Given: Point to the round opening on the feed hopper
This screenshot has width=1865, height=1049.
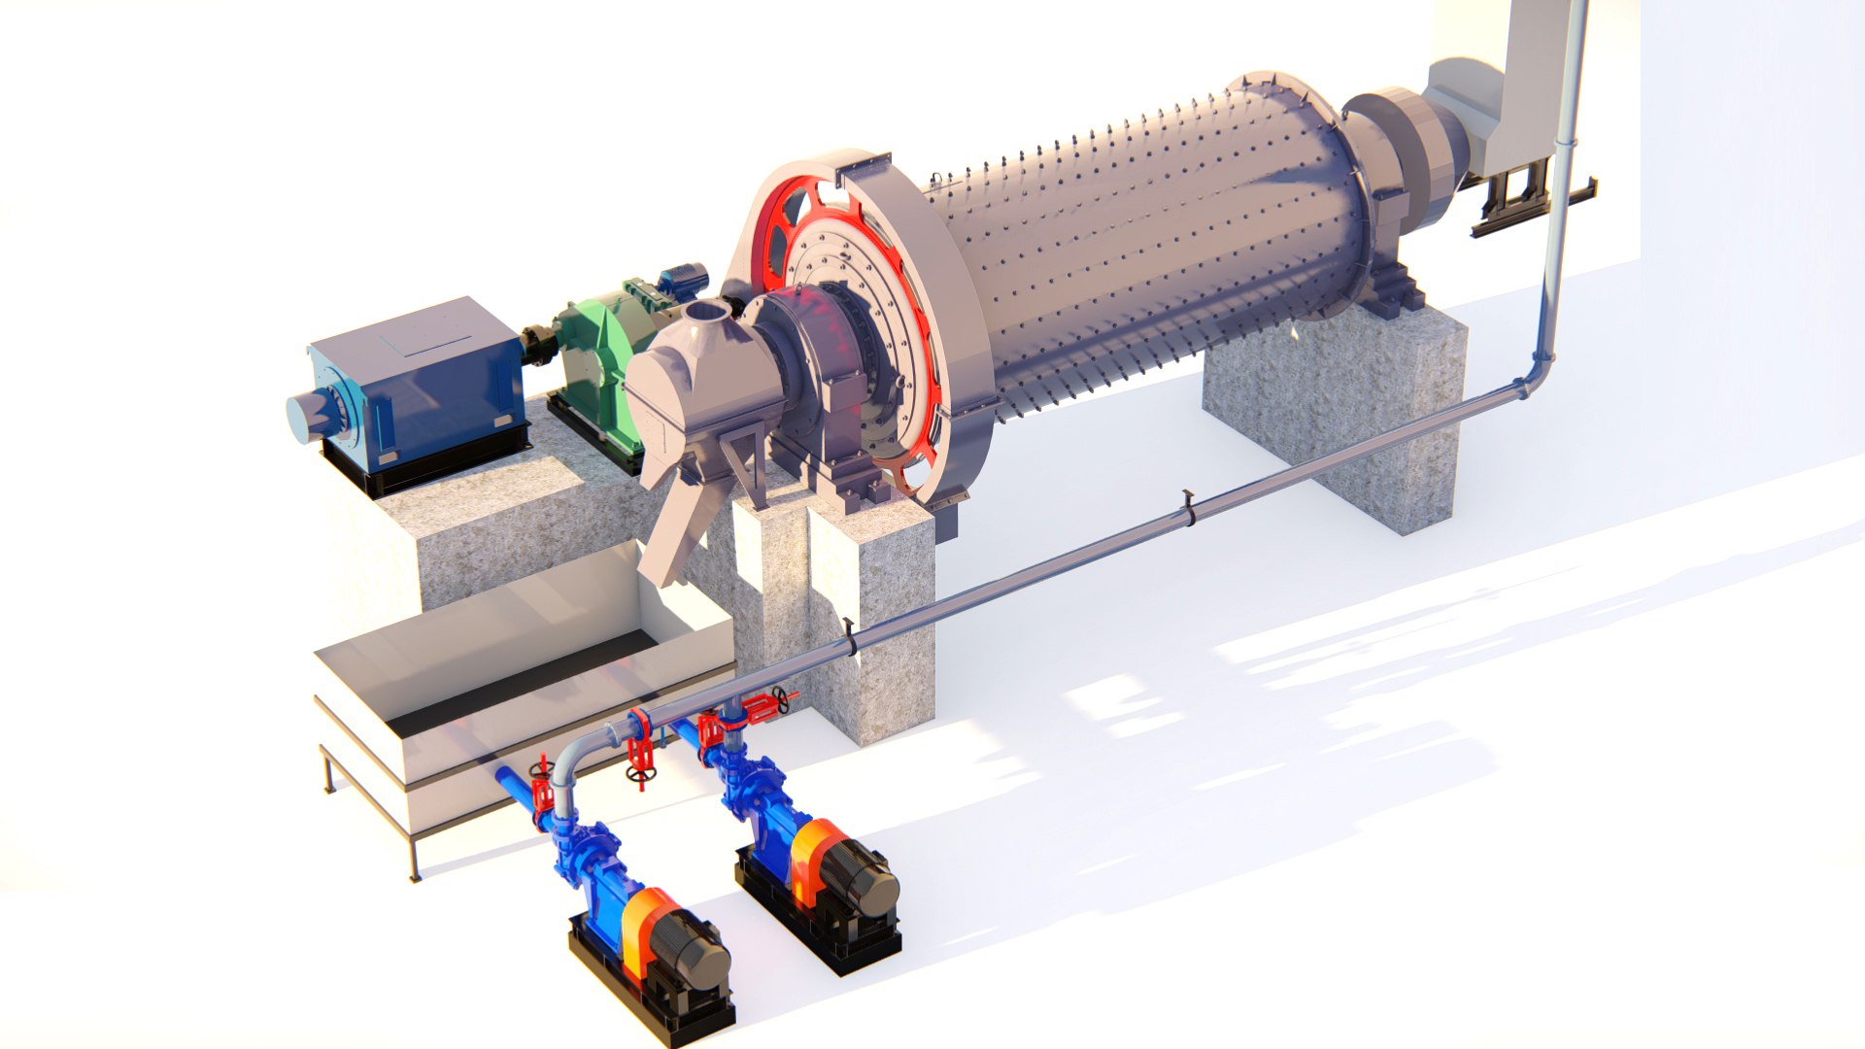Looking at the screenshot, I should (x=706, y=313).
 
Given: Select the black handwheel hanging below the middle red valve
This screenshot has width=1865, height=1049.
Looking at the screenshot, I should (x=637, y=774).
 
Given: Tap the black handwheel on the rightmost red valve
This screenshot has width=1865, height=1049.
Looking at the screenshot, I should (x=780, y=697).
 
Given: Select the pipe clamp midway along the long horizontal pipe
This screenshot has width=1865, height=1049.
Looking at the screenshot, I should (x=1188, y=509).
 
